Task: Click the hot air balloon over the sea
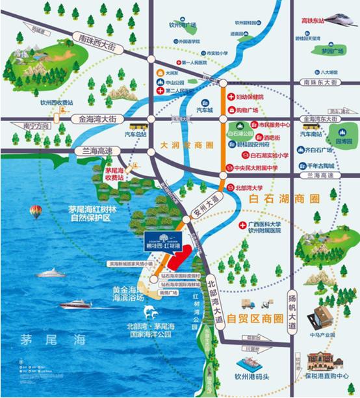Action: tap(36, 211)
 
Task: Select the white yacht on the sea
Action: tap(50, 273)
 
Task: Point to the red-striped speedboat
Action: tap(76, 304)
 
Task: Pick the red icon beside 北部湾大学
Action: tap(231, 189)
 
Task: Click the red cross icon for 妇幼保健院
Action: tap(229, 97)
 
